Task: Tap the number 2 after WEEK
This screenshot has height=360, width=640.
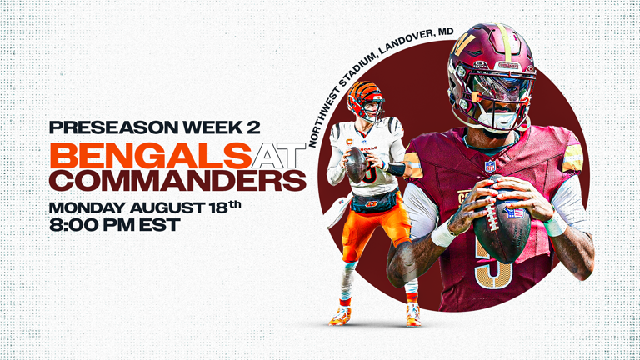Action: (253, 127)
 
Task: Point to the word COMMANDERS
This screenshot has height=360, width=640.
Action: (177, 180)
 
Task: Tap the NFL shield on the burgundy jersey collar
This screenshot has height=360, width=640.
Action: (490, 166)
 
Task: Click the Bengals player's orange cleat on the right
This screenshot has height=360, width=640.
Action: (412, 314)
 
